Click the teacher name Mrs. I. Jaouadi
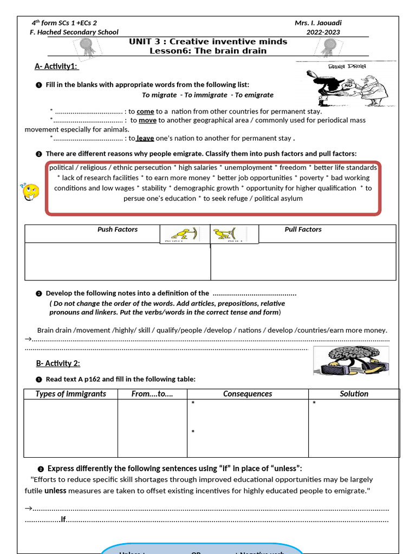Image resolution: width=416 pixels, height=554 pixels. [318, 23]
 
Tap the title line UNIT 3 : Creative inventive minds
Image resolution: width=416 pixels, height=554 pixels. [208, 42]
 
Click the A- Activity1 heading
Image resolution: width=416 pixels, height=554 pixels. [56, 66]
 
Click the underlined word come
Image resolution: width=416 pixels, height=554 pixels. [145, 111]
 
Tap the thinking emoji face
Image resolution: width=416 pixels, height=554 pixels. [31, 192]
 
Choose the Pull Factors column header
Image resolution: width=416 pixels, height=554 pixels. [303, 229]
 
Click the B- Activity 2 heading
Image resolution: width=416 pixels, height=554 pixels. [57, 363]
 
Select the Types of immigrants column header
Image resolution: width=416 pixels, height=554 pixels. [71, 394]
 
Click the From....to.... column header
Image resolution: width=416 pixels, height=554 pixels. [152, 394]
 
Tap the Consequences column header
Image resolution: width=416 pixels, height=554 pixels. [248, 394]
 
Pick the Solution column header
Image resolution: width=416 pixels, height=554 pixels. [354, 394]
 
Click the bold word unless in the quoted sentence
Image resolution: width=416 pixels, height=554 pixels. [55, 491]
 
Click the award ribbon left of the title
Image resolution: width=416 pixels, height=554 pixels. [87, 49]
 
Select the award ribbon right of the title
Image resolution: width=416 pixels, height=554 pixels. [327, 48]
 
